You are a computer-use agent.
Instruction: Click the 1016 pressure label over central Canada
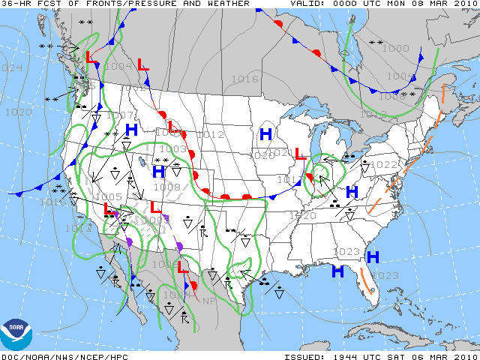point(244,79)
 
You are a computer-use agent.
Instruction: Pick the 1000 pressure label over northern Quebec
point(395,48)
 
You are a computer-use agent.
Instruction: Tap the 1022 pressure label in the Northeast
point(384,164)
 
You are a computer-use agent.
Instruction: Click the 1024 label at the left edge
point(10,67)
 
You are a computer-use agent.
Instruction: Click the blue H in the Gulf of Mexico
point(338,271)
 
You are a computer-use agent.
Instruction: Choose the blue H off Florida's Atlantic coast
point(373,257)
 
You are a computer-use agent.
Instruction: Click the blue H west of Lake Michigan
point(265,134)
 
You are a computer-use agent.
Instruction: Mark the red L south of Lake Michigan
point(298,154)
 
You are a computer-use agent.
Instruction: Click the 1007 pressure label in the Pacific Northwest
point(121,115)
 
